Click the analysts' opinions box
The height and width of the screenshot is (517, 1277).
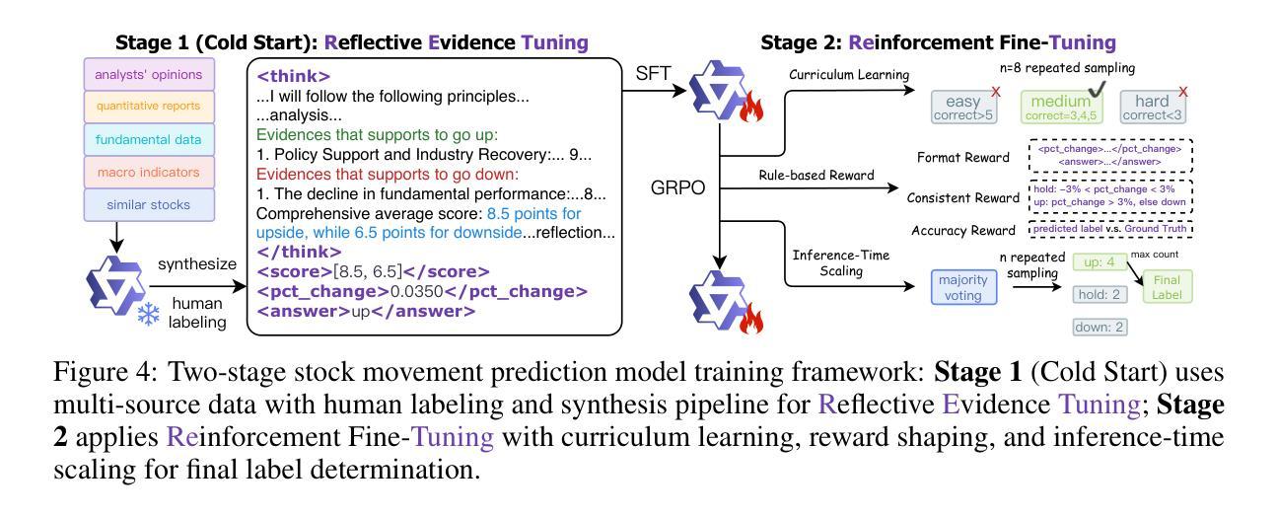coord(148,74)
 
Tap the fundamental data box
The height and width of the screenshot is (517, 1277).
coord(148,139)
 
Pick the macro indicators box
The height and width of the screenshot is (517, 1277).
coord(148,173)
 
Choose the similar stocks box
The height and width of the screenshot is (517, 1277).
coord(148,205)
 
